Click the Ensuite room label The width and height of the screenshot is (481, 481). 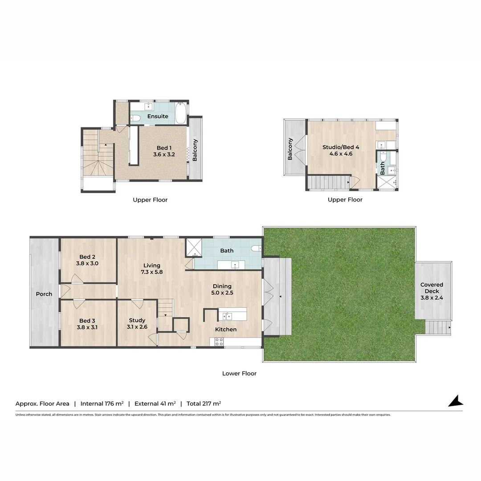[x=158, y=116]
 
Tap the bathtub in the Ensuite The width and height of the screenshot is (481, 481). [x=181, y=114]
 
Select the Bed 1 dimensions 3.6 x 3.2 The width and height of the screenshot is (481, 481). [x=163, y=155]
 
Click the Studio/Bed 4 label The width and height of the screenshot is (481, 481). [x=338, y=147]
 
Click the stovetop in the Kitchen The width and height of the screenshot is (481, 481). [x=219, y=342]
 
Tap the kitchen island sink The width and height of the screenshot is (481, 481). [x=227, y=316]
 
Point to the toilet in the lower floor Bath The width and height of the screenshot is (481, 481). [x=256, y=249]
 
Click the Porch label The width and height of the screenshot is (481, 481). [x=44, y=294]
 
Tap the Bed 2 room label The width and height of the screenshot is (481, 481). [x=87, y=257]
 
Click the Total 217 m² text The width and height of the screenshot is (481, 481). [x=204, y=404]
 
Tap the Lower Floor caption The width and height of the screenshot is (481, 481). [x=239, y=374]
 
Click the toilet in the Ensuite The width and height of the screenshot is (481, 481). [x=136, y=118]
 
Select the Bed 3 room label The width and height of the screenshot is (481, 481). [x=87, y=321]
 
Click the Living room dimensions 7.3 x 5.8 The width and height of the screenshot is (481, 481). [x=151, y=272]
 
